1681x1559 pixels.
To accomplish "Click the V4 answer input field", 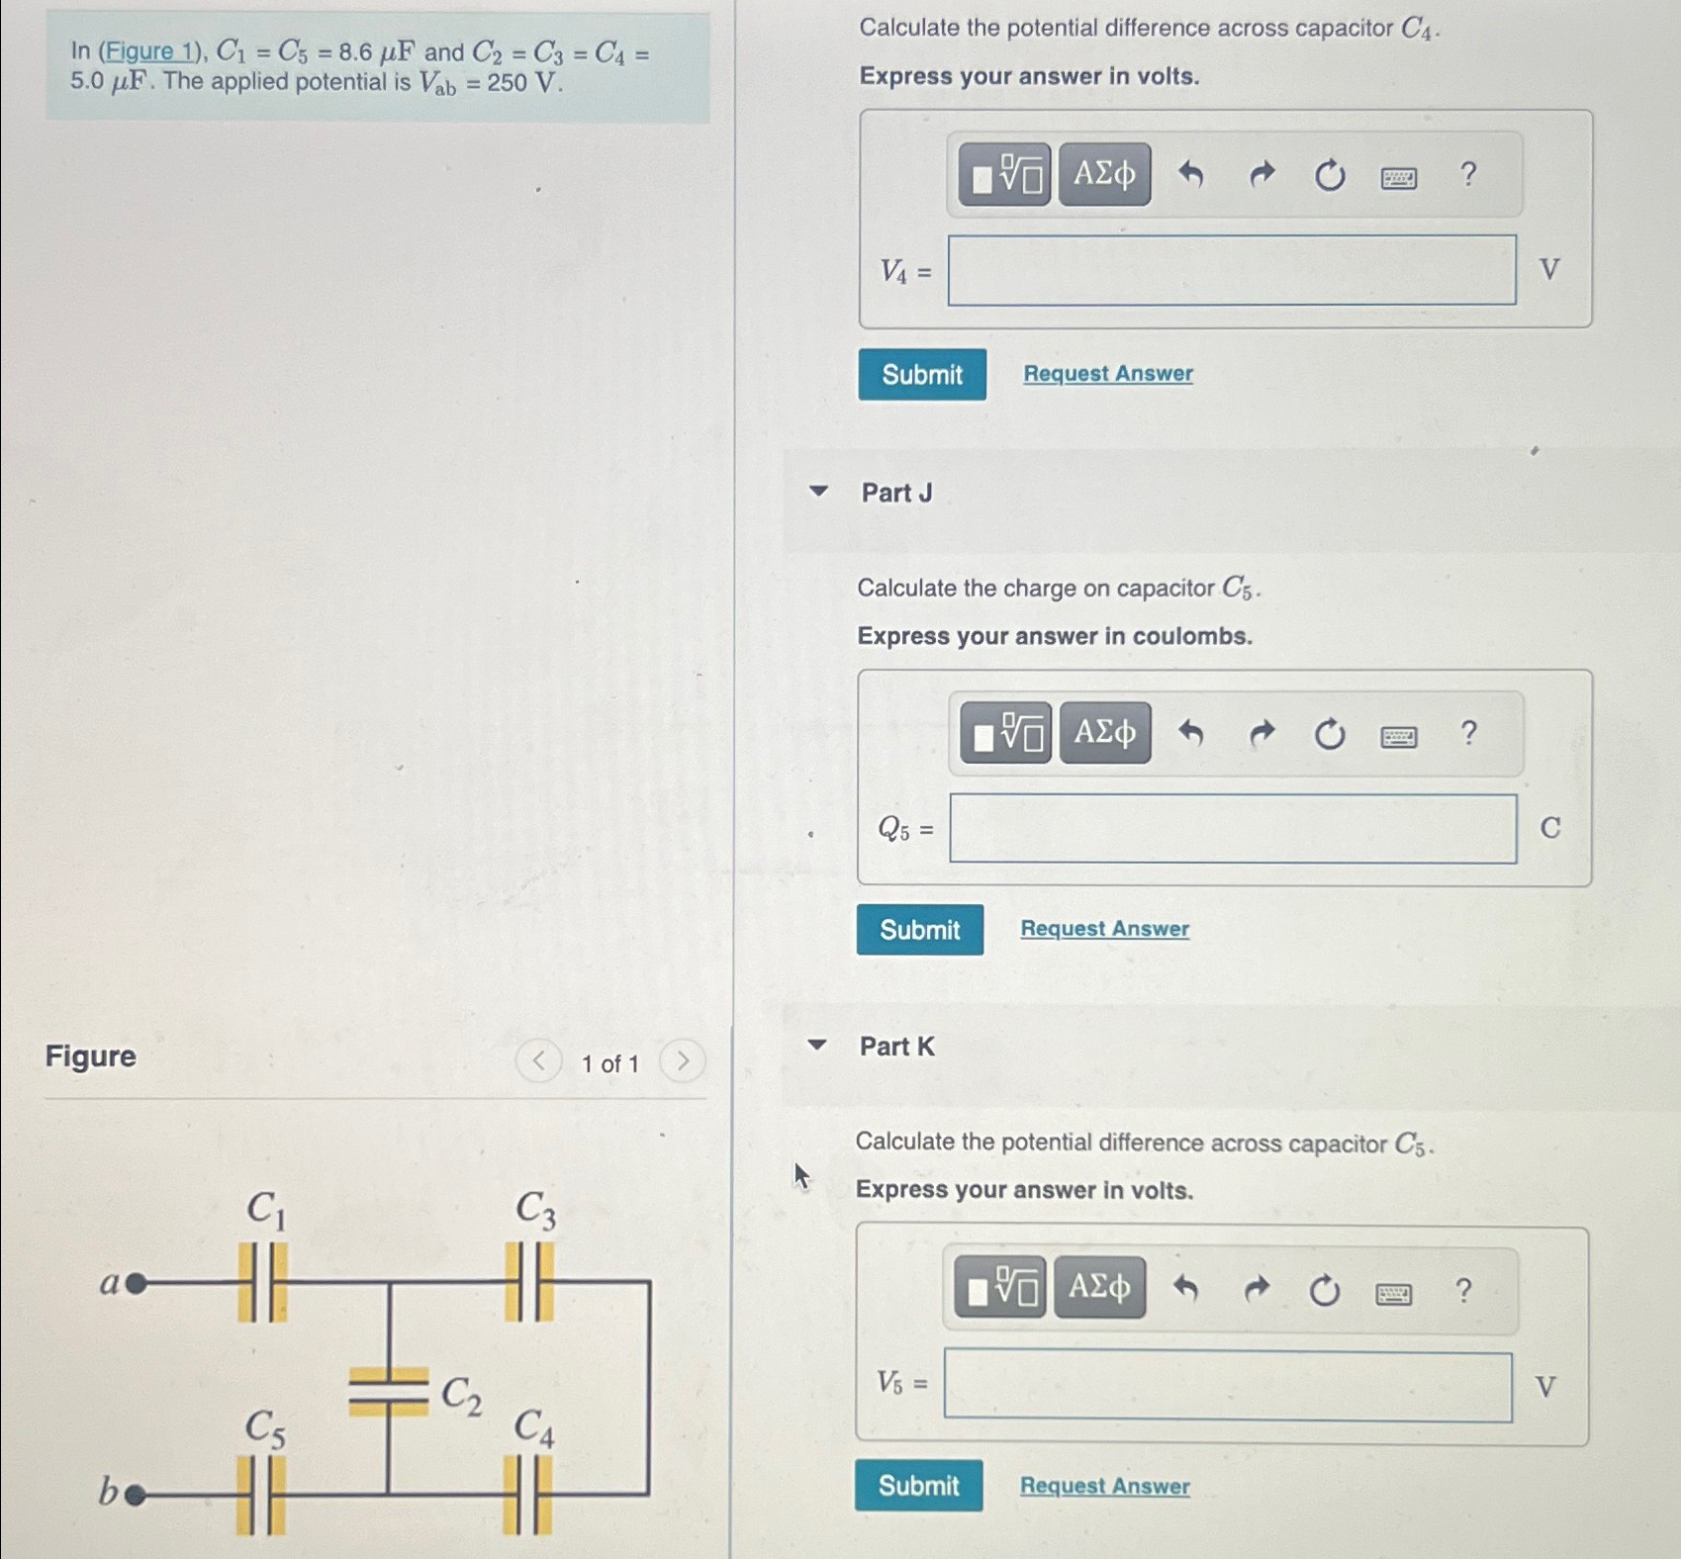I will (1231, 270).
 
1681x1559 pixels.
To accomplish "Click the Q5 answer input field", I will (1232, 829).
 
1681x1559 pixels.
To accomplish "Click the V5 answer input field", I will (1227, 1386).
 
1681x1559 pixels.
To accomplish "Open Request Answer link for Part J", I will (1104, 929).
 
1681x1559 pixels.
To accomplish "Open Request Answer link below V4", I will (1107, 374).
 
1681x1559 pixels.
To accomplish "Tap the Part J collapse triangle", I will (818, 491).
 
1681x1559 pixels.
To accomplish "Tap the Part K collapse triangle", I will (817, 1045).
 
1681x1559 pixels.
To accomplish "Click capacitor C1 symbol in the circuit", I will (262, 1282).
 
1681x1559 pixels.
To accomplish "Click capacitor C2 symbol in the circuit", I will (388, 1391).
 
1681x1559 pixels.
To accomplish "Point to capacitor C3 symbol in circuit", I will (529, 1282).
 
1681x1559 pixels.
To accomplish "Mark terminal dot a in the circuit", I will (137, 1284).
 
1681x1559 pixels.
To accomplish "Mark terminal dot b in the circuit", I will (137, 1495).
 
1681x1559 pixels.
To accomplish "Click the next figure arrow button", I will (682, 1062).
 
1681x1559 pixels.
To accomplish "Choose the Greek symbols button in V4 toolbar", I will (1104, 174).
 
